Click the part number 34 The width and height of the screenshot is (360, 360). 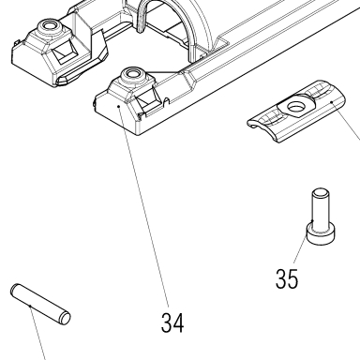pos(172,322)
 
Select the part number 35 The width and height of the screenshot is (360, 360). pos(287,278)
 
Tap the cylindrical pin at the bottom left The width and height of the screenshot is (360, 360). pos(40,304)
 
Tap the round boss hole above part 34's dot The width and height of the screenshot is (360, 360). pos(132,73)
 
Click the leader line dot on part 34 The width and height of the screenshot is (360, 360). pos(119,106)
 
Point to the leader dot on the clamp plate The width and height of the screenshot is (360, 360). pos(332,102)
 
